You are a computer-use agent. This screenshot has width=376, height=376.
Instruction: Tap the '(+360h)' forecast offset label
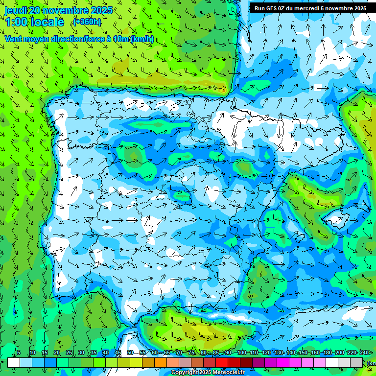87,22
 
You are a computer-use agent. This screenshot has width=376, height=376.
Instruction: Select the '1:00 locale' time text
34,22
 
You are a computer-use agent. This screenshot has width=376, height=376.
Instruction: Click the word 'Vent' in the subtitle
14,39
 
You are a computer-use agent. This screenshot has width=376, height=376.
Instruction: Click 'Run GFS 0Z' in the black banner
270,8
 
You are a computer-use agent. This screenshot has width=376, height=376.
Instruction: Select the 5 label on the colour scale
19,352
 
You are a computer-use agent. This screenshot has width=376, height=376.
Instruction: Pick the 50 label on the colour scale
130,352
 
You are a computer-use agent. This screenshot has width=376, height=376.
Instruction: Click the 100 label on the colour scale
242,352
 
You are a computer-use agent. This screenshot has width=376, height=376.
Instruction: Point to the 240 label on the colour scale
364,352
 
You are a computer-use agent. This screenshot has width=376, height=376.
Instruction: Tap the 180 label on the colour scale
327,352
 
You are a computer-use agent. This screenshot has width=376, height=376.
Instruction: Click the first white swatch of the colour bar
14,362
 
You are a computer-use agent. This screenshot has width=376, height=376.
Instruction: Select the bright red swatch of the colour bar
222,362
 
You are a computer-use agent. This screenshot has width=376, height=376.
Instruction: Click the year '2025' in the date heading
101,10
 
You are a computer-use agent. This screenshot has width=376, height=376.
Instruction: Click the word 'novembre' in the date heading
66,10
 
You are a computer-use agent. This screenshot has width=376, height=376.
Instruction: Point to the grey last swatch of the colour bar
356,362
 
